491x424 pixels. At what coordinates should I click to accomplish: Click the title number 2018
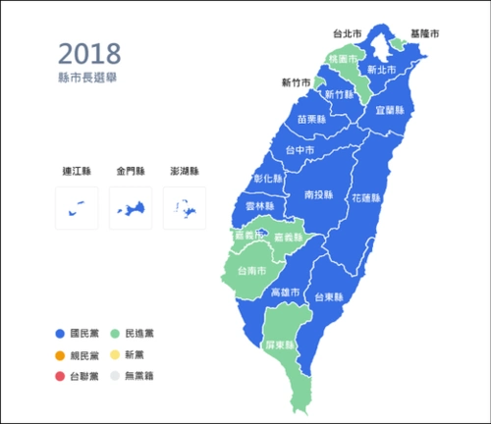(x=89, y=52)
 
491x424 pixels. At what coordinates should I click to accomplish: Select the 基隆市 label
(x=424, y=34)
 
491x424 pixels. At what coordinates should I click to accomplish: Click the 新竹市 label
(x=297, y=82)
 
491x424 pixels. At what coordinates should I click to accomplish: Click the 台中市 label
(x=300, y=150)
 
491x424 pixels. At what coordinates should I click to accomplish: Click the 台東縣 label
(x=329, y=295)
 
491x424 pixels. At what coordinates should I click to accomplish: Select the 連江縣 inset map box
(x=77, y=207)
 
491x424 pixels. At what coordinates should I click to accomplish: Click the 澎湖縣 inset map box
(x=184, y=207)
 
